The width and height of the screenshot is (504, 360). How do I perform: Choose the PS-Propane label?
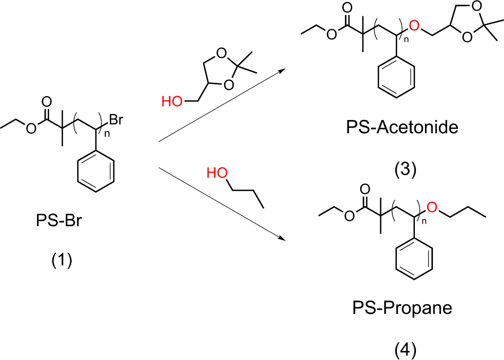[x=402, y=308]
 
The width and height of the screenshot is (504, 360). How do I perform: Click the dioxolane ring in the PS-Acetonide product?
[x=467, y=29]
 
